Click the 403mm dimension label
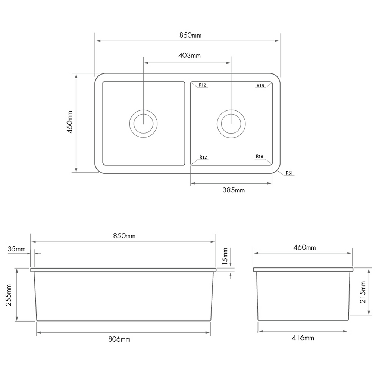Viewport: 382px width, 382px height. click(x=190, y=56)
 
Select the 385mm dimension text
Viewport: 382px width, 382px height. click(x=234, y=190)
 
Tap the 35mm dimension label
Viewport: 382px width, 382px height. click(x=16, y=249)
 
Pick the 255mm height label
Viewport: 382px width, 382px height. click(x=9, y=295)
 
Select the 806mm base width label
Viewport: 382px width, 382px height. click(x=119, y=339)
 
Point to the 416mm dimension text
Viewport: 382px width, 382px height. click(x=303, y=338)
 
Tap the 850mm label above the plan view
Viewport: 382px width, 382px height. click(x=190, y=35)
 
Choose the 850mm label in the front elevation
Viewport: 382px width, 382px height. click(x=124, y=236)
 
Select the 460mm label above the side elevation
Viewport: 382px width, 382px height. click(x=304, y=247)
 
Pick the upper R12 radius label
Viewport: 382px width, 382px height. click(x=203, y=85)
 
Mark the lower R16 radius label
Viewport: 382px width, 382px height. click(x=260, y=156)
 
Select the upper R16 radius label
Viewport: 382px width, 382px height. click(x=260, y=86)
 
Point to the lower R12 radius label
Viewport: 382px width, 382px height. click(x=203, y=157)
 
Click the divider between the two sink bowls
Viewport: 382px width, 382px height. click(x=188, y=123)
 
